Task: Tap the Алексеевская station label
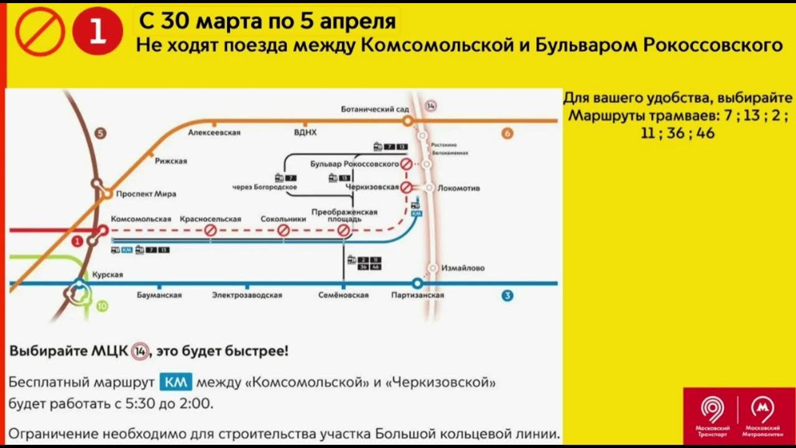[x=214, y=133]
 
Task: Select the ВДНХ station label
[x=305, y=133]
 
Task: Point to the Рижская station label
[x=171, y=161]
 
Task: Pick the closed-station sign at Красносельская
[x=210, y=231]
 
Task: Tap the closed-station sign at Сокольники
[x=284, y=231]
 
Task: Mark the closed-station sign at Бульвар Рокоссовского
[x=406, y=164]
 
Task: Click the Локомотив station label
[x=458, y=188]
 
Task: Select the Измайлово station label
[x=463, y=268]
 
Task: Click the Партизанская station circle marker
[x=417, y=284]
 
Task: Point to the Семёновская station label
[x=343, y=296]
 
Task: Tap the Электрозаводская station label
[x=247, y=296]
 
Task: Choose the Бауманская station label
[x=159, y=296]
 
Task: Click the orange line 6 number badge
[x=507, y=133]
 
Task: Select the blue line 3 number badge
[x=507, y=296]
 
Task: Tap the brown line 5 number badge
[x=101, y=133]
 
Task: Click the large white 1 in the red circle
[x=98, y=32]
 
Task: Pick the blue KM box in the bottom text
[x=176, y=381]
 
